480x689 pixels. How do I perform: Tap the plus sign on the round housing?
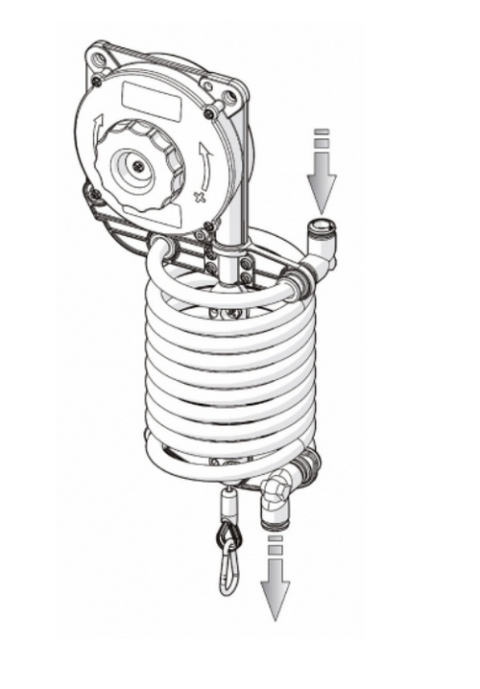(200, 197)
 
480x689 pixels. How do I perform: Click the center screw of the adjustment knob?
(139, 167)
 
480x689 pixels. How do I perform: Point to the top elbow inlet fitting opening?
(317, 230)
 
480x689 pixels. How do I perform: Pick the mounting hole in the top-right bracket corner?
(228, 96)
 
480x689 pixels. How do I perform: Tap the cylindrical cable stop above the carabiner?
(229, 500)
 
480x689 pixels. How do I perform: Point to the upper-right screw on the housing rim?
(208, 114)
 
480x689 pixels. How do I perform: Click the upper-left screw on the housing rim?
(96, 81)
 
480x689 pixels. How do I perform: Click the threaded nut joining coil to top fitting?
(299, 281)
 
